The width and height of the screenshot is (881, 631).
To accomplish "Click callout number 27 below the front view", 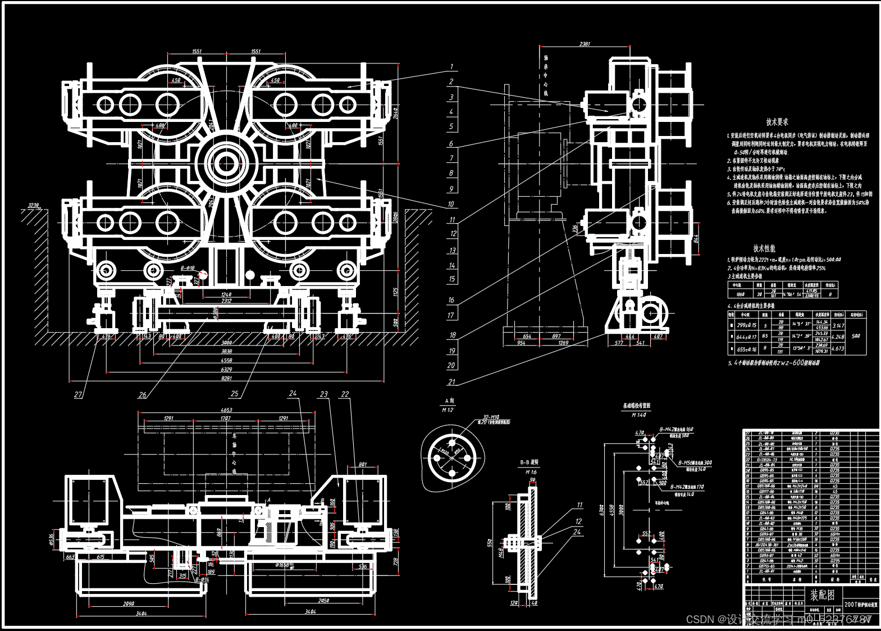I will click(78, 394).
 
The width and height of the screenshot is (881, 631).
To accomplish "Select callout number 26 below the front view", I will click(142, 394).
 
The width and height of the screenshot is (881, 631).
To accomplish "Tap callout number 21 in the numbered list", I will click(451, 382).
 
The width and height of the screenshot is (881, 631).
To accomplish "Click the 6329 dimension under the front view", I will click(226, 369).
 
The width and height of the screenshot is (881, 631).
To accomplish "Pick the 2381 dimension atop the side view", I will click(585, 44).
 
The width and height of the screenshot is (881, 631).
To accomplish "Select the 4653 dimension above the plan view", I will click(226, 410).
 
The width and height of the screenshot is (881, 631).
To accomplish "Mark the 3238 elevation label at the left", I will click(34, 205).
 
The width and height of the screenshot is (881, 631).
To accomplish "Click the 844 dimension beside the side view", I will click(697, 239).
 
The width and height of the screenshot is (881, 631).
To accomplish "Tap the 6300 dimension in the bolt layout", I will click(602, 510).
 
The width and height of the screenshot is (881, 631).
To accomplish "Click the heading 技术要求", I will click(777, 122).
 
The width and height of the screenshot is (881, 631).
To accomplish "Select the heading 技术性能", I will click(764, 248).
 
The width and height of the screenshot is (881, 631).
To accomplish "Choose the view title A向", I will click(449, 401).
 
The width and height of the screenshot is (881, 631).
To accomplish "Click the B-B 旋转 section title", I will click(529, 462).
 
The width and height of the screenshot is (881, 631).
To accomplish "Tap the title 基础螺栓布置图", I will click(636, 405).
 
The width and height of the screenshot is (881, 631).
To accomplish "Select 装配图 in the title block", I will click(822, 594).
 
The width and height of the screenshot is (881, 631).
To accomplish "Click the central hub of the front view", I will click(226, 164).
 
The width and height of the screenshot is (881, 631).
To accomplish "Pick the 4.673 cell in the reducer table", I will click(837, 348).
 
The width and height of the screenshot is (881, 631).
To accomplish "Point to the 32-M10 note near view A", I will click(491, 417).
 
